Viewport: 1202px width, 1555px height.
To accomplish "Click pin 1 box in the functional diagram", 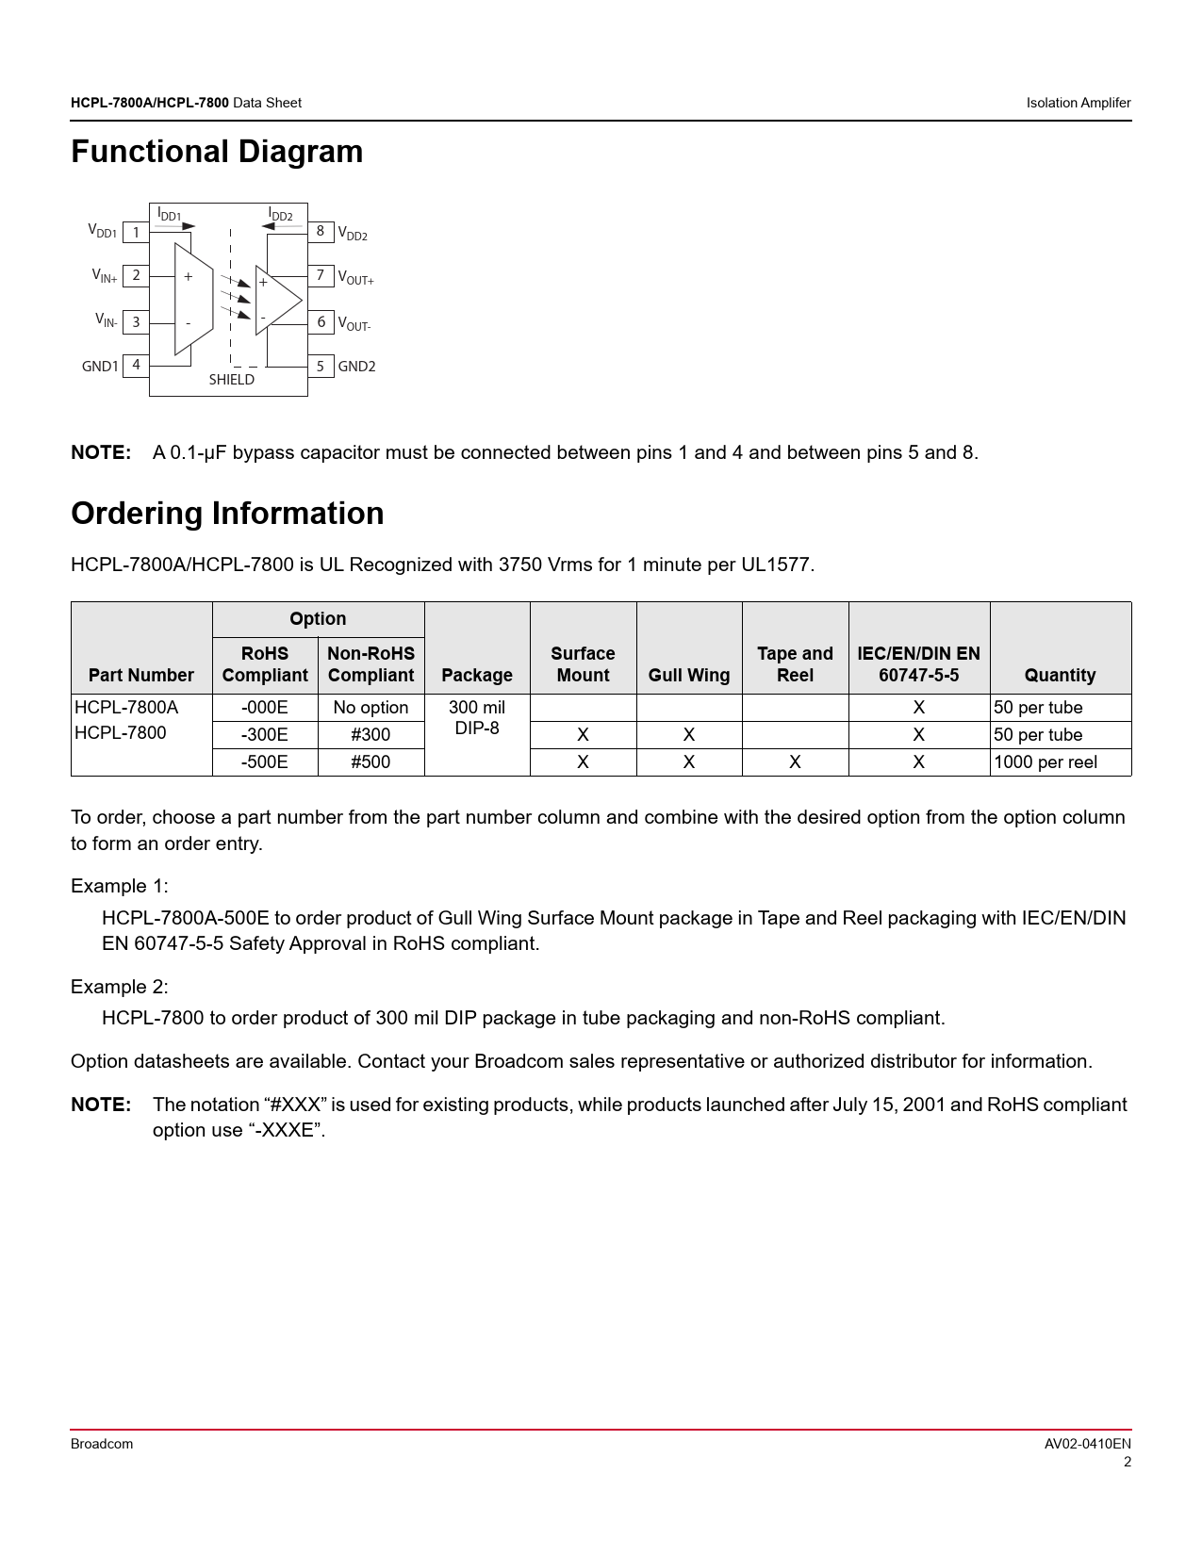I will click(136, 232).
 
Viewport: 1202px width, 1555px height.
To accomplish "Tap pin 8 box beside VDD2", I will click(321, 231).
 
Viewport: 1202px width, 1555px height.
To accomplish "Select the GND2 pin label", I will click(356, 367).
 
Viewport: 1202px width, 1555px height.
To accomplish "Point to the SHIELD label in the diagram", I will click(232, 380).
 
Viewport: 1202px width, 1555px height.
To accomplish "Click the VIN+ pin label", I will click(105, 275).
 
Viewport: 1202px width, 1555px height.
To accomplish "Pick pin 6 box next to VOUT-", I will click(321, 322).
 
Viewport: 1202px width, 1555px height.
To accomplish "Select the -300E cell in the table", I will click(265, 735).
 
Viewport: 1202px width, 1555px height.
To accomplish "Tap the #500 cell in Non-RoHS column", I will click(370, 762).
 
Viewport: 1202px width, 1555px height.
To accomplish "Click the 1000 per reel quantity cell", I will click(1046, 762).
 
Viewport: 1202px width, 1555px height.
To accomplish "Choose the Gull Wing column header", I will click(689, 675).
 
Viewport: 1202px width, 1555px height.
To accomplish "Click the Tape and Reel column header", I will click(795, 664).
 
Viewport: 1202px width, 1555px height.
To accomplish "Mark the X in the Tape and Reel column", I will click(795, 762).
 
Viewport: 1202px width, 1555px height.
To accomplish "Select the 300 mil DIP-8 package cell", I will click(477, 718).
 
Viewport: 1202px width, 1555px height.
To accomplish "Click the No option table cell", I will click(370, 708).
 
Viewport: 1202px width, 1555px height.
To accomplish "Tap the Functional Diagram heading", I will click(217, 152).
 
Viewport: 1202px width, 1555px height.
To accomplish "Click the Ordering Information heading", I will click(227, 514).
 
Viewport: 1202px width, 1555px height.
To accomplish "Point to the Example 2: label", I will click(120, 987).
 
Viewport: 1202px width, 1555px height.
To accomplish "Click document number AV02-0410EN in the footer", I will click(1087, 1444).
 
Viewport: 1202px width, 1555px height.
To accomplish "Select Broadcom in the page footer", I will click(102, 1444).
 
